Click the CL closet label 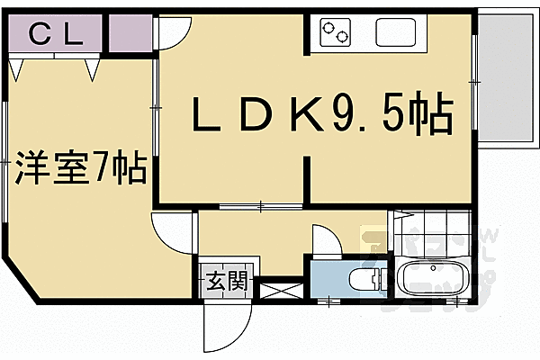point(56,36)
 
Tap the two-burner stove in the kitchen point(335,34)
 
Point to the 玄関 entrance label point(227,283)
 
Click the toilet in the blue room point(366,280)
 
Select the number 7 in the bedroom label point(103,168)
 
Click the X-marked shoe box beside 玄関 point(281,291)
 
